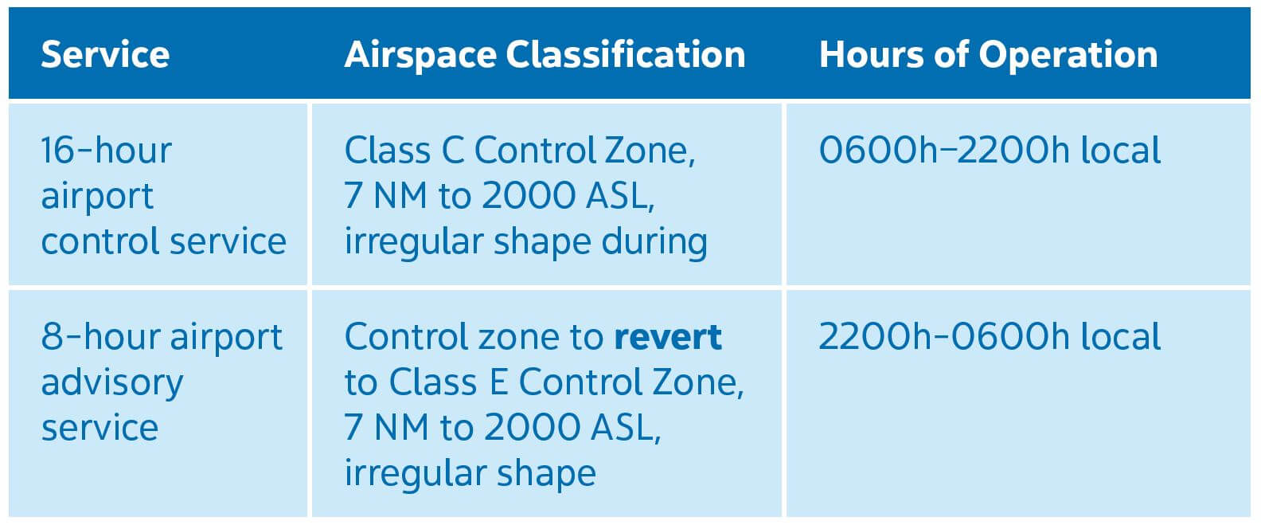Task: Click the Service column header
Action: [x=105, y=55]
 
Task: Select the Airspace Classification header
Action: [x=545, y=55]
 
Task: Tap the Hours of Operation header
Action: [x=989, y=55]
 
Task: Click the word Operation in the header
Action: [x=1068, y=56]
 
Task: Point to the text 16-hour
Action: [x=107, y=151]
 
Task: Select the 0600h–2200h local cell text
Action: [x=990, y=151]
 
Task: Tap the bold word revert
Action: [x=668, y=337]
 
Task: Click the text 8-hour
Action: [x=100, y=336]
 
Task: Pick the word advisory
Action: [x=112, y=384]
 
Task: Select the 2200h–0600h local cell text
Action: [x=990, y=336]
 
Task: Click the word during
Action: [x=654, y=242]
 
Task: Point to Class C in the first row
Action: [x=404, y=151]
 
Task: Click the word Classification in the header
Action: [x=626, y=55]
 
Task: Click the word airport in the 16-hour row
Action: [x=97, y=197]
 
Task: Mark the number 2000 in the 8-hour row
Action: [x=533, y=427]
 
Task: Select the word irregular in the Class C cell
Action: [x=412, y=242]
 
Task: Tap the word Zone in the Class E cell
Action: [x=698, y=383]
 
